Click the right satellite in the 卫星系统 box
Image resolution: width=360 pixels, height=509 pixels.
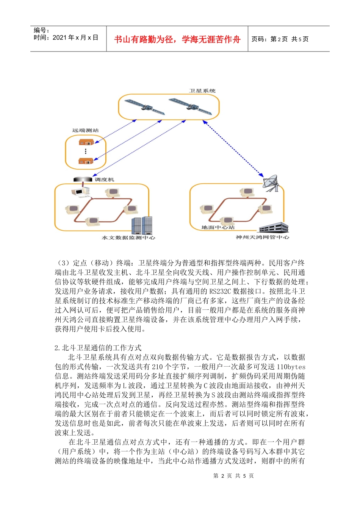tap(191, 106)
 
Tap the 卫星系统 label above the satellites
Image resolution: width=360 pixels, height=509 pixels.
tap(202, 91)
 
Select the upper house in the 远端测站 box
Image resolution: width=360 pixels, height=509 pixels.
tap(86, 142)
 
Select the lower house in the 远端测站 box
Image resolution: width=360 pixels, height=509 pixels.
tap(86, 161)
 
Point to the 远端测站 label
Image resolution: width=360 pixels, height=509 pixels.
tap(85, 130)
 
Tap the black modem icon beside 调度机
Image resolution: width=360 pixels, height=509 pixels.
tap(83, 179)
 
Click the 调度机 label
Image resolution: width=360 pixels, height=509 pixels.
tap(104, 180)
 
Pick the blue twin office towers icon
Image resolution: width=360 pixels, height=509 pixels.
tap(142, 226)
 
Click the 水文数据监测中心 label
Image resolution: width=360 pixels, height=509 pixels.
tap(128, 238)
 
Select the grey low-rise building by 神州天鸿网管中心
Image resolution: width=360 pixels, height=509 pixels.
tap(273, 228)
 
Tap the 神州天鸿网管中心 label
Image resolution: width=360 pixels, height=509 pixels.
tap(263, 237)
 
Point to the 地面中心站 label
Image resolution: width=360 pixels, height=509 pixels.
tap(218, 227)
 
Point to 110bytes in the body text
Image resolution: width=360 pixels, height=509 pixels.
tap(291, 367)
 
